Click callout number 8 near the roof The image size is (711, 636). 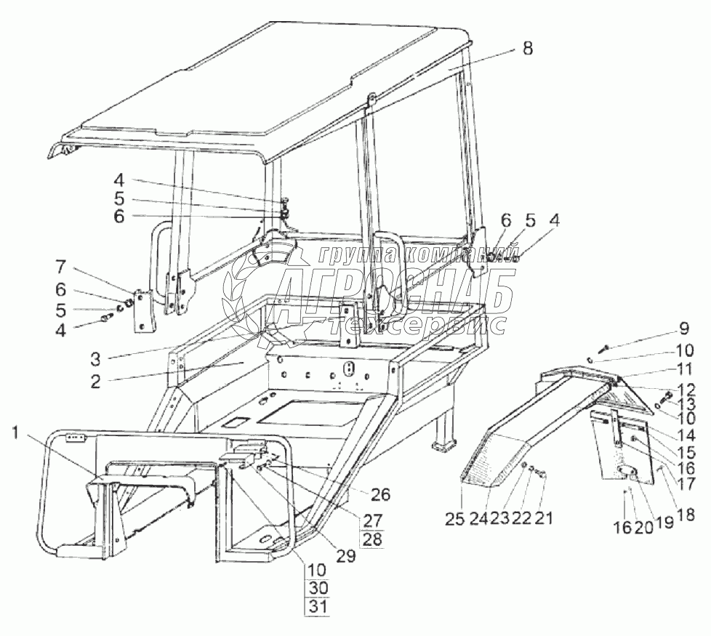527,49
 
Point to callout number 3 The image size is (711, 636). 96,357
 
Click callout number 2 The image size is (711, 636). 96,381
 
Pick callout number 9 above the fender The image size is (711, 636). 683,329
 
